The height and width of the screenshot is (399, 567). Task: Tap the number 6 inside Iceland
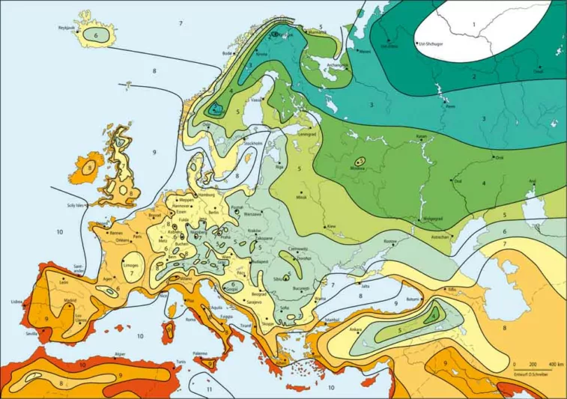96,35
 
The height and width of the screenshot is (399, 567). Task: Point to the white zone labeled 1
473,25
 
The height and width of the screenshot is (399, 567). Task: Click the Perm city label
450,106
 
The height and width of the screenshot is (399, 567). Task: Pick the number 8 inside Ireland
90,169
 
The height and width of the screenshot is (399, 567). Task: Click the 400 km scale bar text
554,363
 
